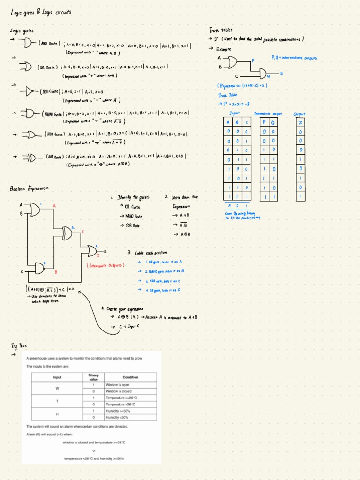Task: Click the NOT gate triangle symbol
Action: (30, 92)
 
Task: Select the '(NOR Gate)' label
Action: (55, 134)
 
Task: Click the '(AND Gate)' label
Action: (49, 43)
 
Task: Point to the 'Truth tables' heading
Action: (221, 30)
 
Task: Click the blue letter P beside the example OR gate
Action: (253, 60)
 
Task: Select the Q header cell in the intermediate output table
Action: (273, 123)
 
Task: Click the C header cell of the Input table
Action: (247, 123)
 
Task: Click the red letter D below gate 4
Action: (97, 256)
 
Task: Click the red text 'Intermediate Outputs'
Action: (106, 265)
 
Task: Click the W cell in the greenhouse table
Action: (57, 388)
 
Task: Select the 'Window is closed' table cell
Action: (119, 391)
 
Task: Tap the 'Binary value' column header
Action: (94, 377)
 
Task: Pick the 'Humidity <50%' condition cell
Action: (117, 417)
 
